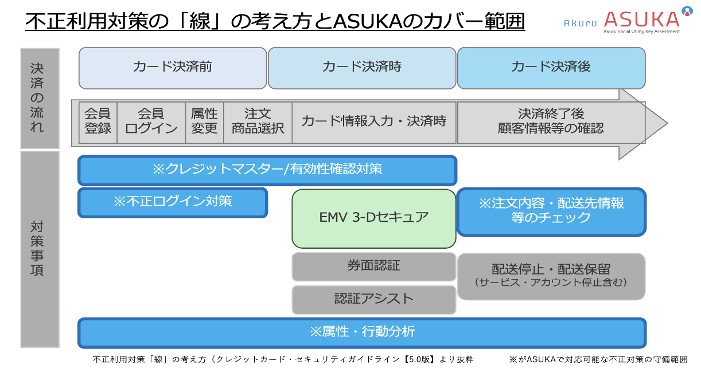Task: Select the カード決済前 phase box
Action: [x=173, y=68]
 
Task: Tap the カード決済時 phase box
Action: [x=362, y=68]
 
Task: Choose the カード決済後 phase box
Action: [x=551, y=68]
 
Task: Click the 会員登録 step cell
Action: [x=98, y=121]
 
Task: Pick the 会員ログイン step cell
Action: [x=151, y=121]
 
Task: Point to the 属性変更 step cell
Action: [x=204, y=121]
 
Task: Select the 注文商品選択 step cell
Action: [x=258, y=121]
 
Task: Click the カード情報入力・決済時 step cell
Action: [x=374, y=121]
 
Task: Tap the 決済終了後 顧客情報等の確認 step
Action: [x=551, y=121]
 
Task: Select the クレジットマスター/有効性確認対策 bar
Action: [x=267, y=170]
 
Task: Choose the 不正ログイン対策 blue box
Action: [x=173, y=202]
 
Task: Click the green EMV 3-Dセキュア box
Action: [x=374, y=218]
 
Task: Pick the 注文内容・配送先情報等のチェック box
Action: [x=551, y=211]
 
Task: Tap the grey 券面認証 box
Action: [x=374, y=266]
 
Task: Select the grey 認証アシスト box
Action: [x=374, y=299]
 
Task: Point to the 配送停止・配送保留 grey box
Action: [x=551, y=275]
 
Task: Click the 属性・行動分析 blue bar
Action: [x=362, y=332]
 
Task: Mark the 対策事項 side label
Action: [x=39, y=249]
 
